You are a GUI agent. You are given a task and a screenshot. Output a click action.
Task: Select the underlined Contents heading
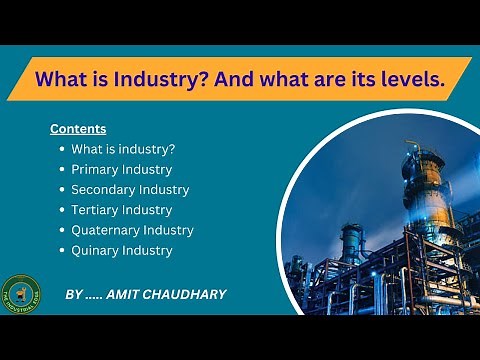point(78,129)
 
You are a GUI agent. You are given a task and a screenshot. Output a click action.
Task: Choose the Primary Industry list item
point(121,169)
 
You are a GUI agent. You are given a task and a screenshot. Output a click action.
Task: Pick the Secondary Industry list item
point(130,189)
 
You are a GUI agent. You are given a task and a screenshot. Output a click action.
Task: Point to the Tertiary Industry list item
point(121,210)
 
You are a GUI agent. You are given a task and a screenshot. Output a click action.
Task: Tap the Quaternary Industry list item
point(132,230)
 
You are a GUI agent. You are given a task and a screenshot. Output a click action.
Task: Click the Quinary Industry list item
point(121,250)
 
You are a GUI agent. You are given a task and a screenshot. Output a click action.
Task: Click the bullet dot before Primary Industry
point(61,170)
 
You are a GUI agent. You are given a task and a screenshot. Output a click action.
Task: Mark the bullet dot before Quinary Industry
point(61,251)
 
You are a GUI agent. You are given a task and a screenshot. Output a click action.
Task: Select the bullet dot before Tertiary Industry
point(61,210)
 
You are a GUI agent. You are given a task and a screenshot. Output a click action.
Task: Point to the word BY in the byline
point(73,295)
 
